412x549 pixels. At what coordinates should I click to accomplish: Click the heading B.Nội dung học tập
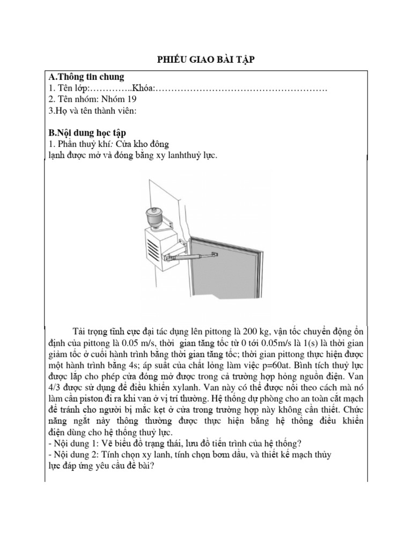click(87, 132)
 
